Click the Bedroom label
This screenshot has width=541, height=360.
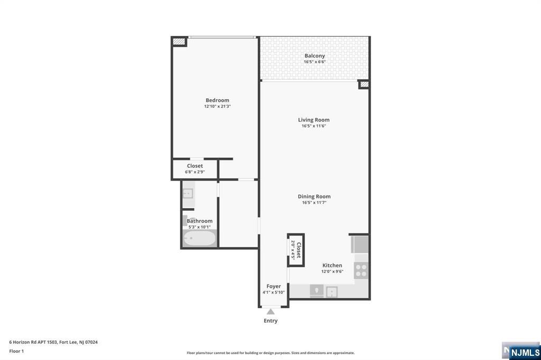[x=217, y=100]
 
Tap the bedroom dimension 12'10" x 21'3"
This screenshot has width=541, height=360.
[x=217, y=107]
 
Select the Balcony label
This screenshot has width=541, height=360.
[x=314, y=56]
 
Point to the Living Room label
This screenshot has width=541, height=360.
[x=313, y=120]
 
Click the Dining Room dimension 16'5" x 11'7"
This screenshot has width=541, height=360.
[x=314, y=203]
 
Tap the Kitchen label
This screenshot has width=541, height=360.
[x=332, y=266]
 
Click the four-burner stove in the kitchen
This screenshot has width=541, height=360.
[x=361, y=271]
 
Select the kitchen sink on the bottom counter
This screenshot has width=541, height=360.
[x=332, y=291]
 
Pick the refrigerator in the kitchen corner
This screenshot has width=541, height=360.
[x=360, y=244]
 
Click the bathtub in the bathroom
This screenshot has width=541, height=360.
[x=200, y=238]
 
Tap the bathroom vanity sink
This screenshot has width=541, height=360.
[x=188, y=193]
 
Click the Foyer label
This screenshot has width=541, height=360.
[x=274, y=287]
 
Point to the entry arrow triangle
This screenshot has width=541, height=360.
[x=270, y=312]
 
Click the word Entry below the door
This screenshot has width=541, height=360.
[x=270, y=321]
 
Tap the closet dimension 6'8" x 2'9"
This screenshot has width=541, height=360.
[x=195, y=172]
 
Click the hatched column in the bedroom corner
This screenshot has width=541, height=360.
[x=180, y=41]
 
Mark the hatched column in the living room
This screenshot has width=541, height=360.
[x=363, y=84]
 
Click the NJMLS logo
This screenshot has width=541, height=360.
[x=524, y=352]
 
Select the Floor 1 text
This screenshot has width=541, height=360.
[x=17, y=350]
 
